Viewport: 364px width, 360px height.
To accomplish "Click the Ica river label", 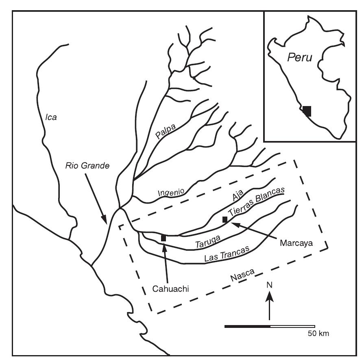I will tap(51, 118).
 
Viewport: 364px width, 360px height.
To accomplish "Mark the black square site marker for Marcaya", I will tap(225, 219).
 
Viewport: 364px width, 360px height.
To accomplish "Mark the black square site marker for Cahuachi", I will tap(163, 238).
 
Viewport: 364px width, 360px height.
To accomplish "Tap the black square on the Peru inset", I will tap(307, 111).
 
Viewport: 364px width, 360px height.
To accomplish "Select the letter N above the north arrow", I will tap(269, 286).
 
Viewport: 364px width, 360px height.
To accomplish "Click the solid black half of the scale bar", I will tap(247, 326).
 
